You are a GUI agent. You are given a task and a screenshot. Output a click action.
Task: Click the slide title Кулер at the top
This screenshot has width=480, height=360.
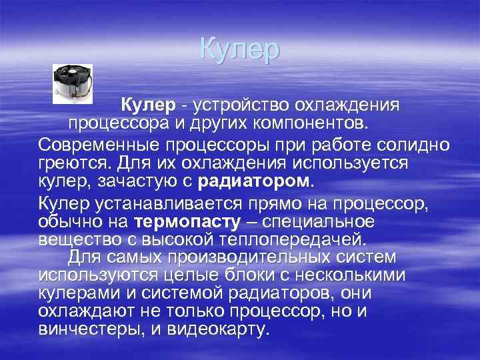(x=240, y=51)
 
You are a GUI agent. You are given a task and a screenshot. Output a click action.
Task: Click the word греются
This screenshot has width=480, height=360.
(x=70, y=163)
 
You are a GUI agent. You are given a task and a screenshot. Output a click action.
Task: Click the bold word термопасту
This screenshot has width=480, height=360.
(x=176, y=221)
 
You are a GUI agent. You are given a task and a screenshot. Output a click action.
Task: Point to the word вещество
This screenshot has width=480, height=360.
(x=71, y=239)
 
